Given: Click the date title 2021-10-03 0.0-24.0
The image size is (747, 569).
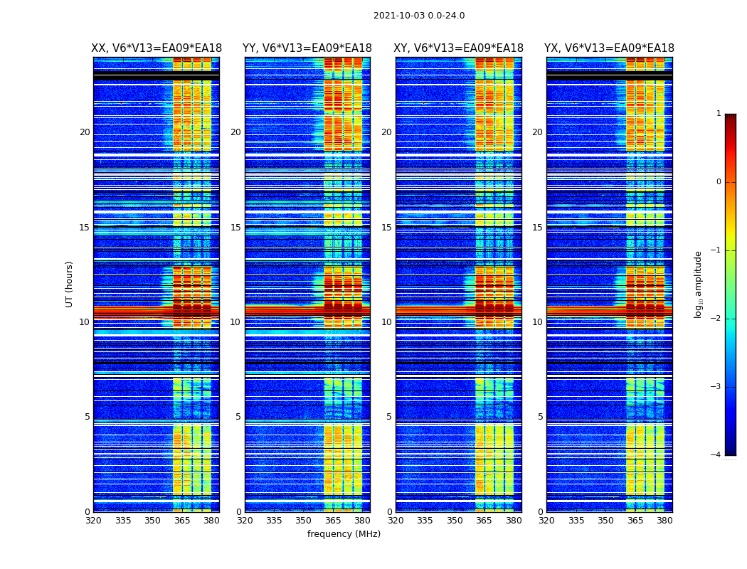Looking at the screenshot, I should pyautogui.click(x=419, y=16).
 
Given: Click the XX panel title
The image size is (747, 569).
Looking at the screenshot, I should pyautogui.click(x=156, y=48).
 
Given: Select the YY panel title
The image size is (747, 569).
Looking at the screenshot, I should pyautogui.click(x=307, y=48).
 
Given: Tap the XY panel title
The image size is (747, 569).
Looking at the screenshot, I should pyautogui.click(x=459, y=48).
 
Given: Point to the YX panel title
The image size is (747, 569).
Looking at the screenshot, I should pyautogui.click(x=610, y=48).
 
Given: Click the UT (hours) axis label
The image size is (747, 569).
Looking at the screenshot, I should pyautogui.click(x=70, y=284).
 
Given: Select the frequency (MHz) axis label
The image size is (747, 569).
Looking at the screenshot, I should pyautogui.click(x=344, y=534).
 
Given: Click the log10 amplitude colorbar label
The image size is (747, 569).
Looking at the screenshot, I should pyautogui.click(x=699, y=284).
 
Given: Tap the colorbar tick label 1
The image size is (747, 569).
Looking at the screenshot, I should pyautogui.click(x=719, y=114).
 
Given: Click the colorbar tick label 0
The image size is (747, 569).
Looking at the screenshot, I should pyautogui.click(x=719, y=182).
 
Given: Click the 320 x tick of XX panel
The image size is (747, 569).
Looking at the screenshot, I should pyautogui.click(x=93, y=521).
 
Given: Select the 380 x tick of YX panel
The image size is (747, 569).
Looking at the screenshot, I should pyautogui.click(x=664, y=521).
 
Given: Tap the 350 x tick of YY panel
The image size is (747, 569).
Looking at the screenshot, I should pyautogui.click(x=304, y=521).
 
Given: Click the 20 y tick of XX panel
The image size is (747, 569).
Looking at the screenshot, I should pyautogui.click(x=85, y=132).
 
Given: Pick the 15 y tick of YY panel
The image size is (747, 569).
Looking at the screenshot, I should pyautogui.click(x=235, y=228).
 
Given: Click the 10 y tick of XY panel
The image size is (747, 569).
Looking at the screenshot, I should pyautogui.click(x=386, y=322).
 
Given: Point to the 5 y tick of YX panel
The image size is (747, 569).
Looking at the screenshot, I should pyautogui.click(x=540, y=417).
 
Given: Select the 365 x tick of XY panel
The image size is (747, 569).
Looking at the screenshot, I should pyautogui.click(x=484, y=521).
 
